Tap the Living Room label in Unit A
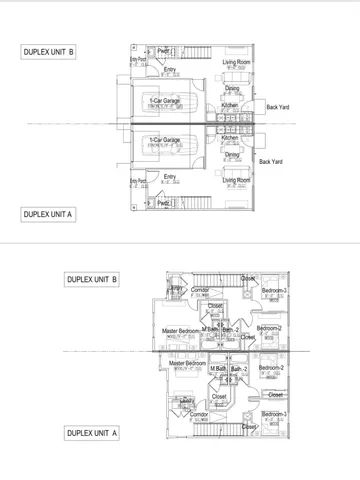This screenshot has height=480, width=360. click(236, 180)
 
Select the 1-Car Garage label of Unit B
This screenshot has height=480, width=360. click(165, 101)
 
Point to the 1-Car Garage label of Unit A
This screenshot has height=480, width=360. click(165, 140)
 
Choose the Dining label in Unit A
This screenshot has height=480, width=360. click(232, 155)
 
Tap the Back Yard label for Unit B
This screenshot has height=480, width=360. click(278, 107)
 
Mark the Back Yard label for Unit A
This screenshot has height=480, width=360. click(271, 161)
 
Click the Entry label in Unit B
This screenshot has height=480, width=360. click(170, 69)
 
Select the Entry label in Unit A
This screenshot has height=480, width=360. click(170, 176)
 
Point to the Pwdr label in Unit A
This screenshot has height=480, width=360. click(163, 203)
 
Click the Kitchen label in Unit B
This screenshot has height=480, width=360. click(230, 104)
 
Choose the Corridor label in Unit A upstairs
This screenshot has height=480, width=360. click(199, 413)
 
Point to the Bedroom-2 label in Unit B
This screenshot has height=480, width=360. click(269, 328)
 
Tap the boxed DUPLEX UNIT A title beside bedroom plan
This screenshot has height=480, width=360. click(92, 433)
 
